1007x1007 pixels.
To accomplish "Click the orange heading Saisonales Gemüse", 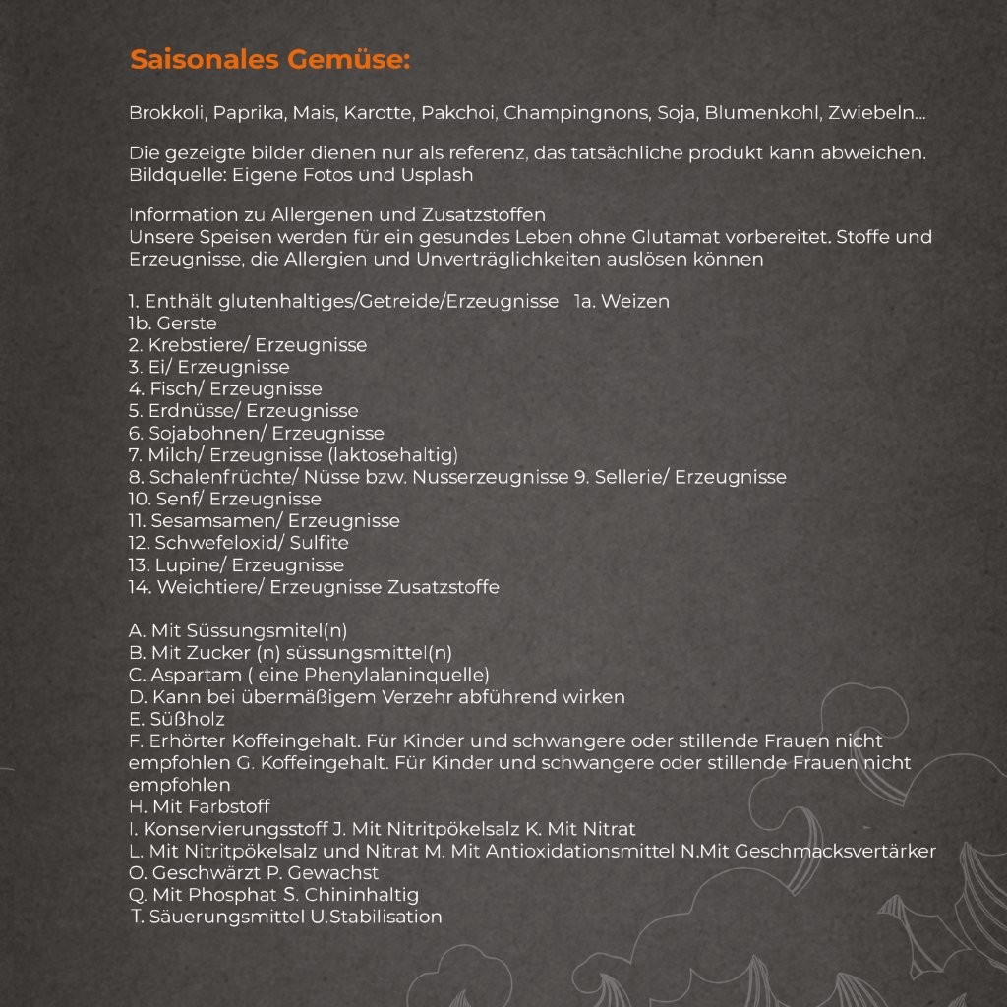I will [269, 60].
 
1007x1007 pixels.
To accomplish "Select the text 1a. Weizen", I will [622, 301].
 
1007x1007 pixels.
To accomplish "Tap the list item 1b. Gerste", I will [173, 324].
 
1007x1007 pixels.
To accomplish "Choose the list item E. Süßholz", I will [177, 719].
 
